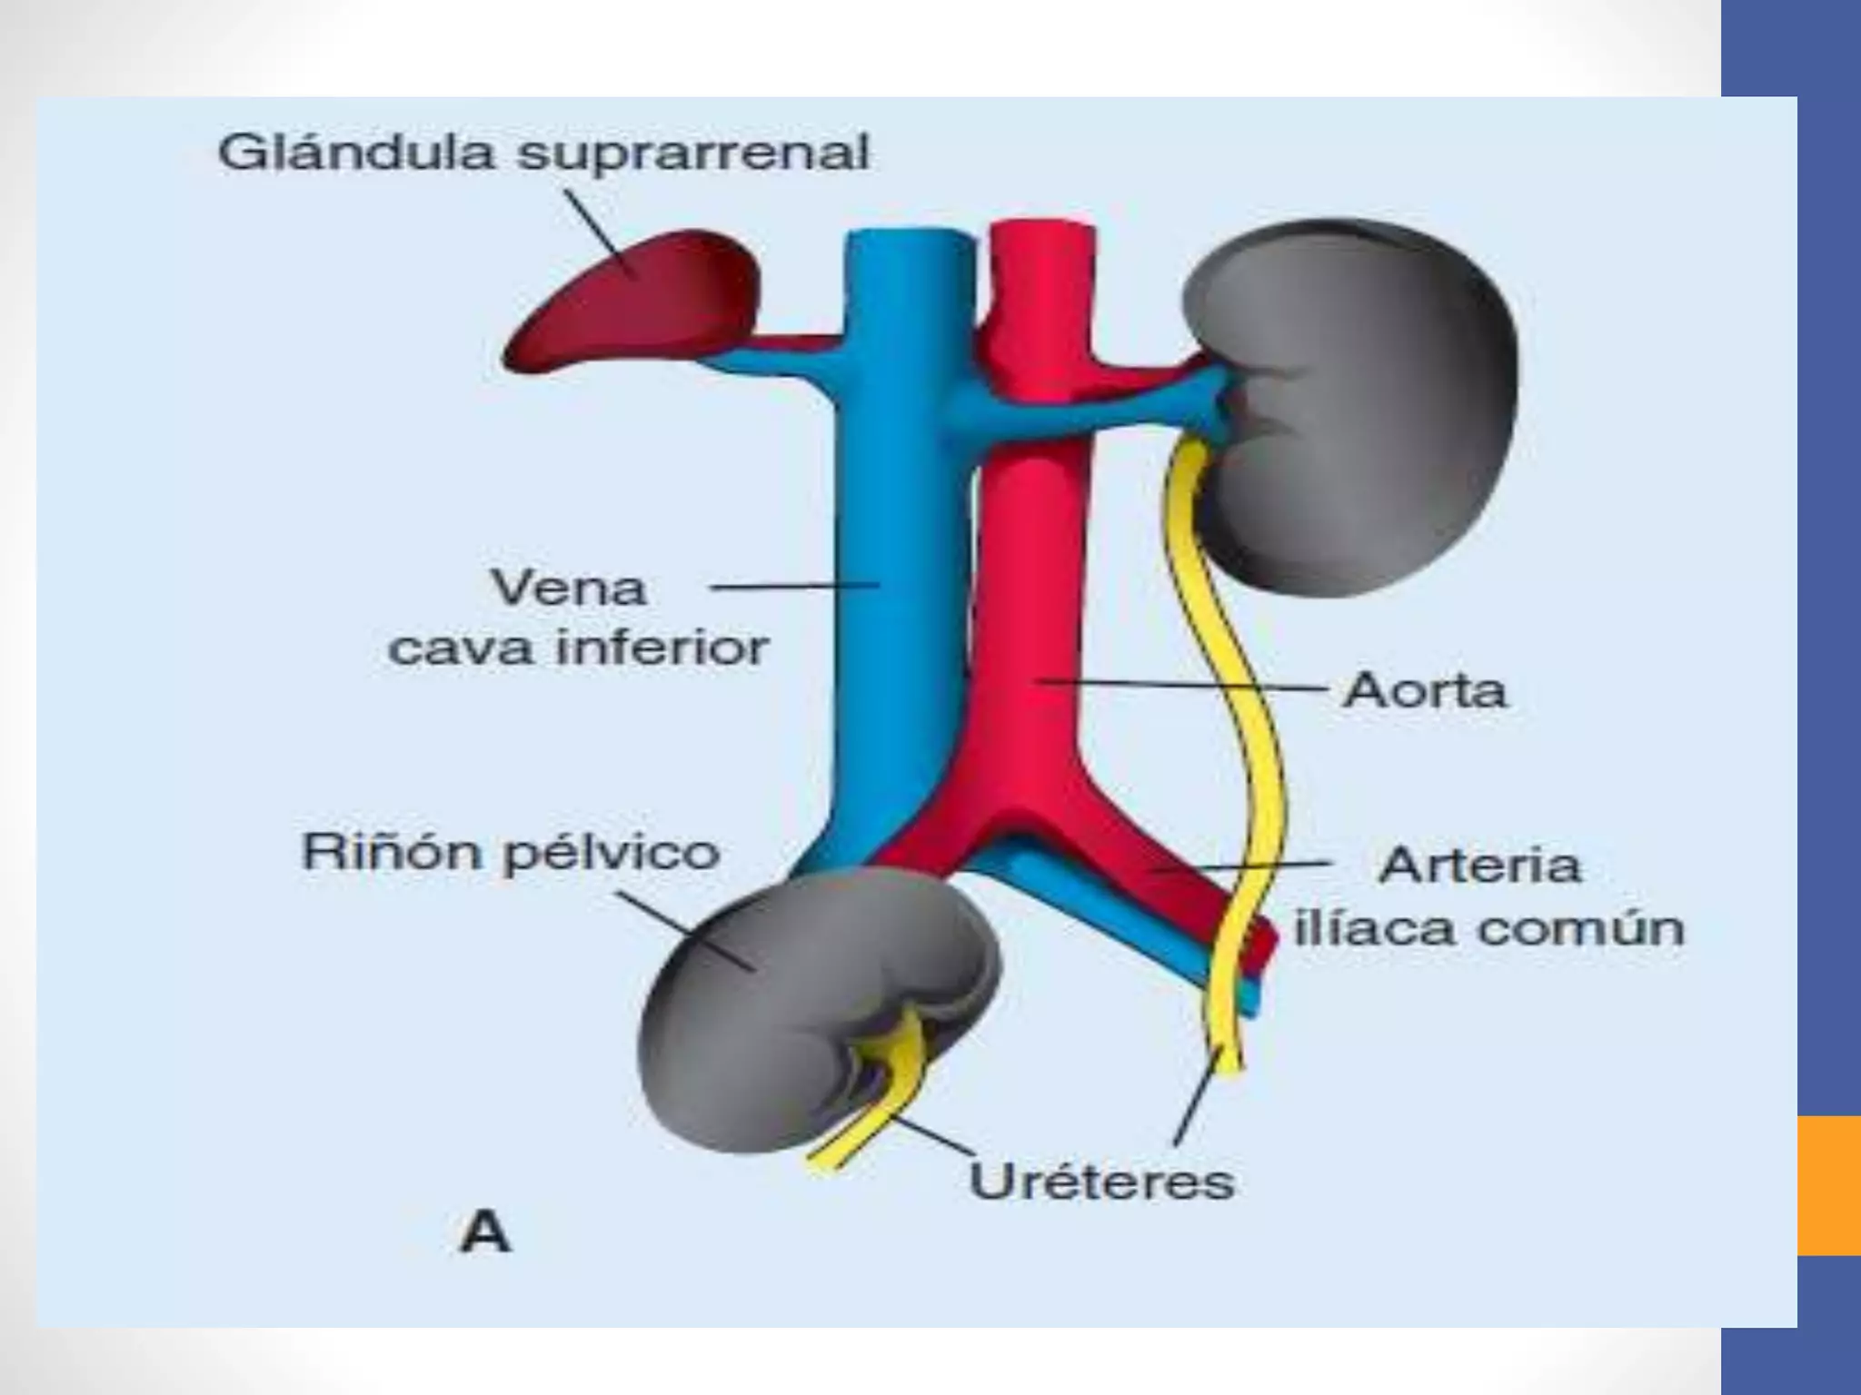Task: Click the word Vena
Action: pyautogui.click(x=569, y=589)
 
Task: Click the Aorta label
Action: pyautogui.click(x=1424, y=692)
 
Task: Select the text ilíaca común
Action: pyautogui.click(x=1488, y=929)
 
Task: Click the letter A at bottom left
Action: pyautogui.click(x=485, y=1233)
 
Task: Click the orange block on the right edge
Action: pyautogui.click(x=1828, y=1185)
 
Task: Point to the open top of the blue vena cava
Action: pyautogui.click(x=909, y=238)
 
